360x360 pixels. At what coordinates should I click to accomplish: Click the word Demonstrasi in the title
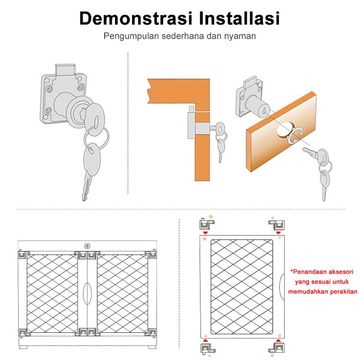click(x=136, y=18)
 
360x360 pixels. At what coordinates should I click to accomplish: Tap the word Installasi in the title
click(x=240, y=18)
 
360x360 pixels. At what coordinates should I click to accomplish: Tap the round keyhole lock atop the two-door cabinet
click(x=87, y=246)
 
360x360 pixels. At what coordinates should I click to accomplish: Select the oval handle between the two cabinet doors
click(x=87, y=294)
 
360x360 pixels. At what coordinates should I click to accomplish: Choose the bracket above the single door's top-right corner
click(x=277, y=225)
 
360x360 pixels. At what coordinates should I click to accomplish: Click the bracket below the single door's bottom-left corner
click(x=207, y=349)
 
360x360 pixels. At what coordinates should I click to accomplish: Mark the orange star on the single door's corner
click(x=205, y=239)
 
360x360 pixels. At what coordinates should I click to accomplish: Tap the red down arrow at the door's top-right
click(x=279, y=233)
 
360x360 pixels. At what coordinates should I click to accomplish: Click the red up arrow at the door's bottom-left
click(x=205, y=340)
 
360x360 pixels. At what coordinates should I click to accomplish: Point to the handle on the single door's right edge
click(x=282, y=287)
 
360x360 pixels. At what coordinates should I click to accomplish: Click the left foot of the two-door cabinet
click(x=23, y=347)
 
